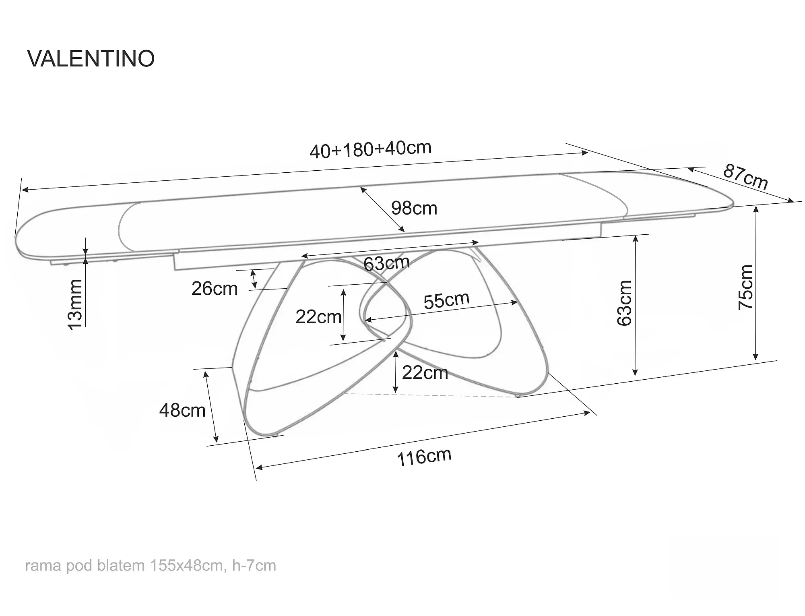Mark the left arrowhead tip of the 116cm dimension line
(x=256, y=468)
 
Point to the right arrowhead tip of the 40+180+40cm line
(x=588, y=153)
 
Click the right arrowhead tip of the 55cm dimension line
(x=518, y=302)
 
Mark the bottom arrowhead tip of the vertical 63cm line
(x=635, y=376)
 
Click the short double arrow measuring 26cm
(x=254, y=279)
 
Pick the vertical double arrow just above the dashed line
(x=396, y=372)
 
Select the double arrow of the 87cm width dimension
(x=741, y=185)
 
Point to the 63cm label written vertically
(x=624, y=303)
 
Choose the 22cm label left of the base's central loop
(x=318, y=317)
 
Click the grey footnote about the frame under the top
(x=151, y=566)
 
